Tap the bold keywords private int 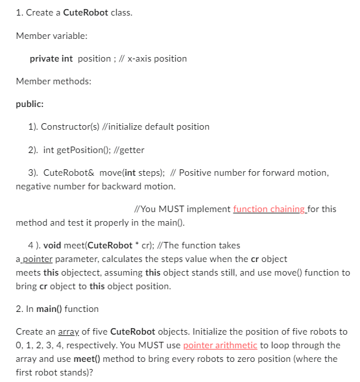pos(51,58)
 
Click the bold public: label pos(30,103)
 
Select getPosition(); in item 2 pos(82,149)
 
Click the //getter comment pos(130,149)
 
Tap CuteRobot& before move pos(69,173)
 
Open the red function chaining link pos(269,209)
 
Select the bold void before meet pos(54,245)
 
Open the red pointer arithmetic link pos(221,345)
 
